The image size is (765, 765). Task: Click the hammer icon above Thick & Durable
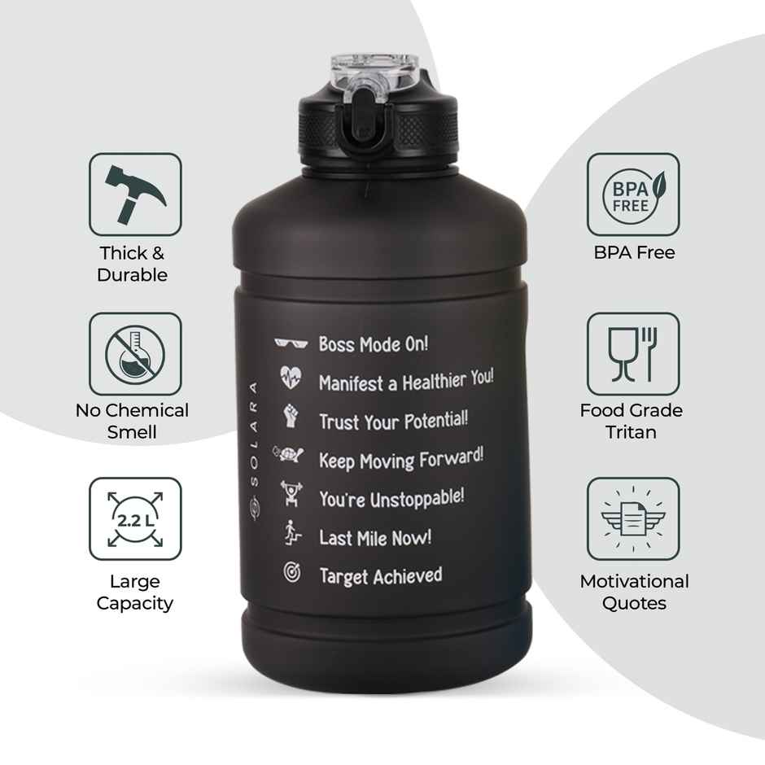[x=135, y=195]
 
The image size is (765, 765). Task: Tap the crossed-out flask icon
[x=135, y=354]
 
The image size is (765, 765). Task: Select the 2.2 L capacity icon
[x=135, y=518]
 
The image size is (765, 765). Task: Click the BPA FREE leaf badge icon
[x=633, y=195]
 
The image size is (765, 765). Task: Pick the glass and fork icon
[x=633, y=354]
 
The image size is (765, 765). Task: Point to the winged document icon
[x=633, y=518]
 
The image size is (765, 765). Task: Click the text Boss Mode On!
[x=373, y=344]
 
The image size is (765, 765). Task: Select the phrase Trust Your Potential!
[x=393, y=421]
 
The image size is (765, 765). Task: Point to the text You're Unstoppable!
[x=391, y=498]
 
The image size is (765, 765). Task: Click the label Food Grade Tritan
[x=632, y=421]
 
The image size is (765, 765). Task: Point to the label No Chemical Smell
[x=132, y=421]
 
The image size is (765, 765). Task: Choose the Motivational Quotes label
[x=634, y=592]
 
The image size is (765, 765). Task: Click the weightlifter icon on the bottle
[x=291, y=493]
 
